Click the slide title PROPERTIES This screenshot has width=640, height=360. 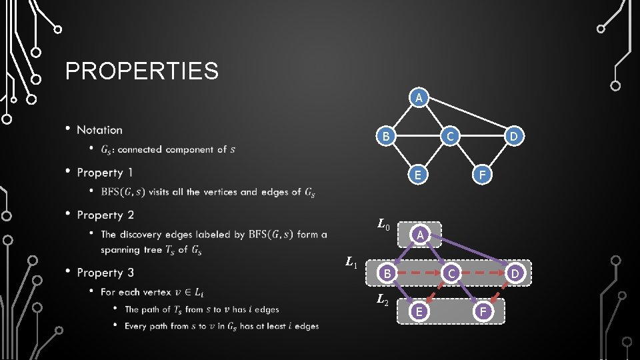tap(142, 71)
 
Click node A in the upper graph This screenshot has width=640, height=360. tap(418, 98)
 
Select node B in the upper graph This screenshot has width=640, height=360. tap(385, 137)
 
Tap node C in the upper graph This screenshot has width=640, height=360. tap(451, 137)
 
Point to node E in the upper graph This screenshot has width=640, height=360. tap(418, 175)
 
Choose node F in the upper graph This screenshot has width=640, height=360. tap(483, 175)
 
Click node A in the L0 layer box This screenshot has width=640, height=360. tap(419, 234)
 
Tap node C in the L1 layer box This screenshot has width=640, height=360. tap(451, 273)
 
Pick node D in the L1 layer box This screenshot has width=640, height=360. tap(515, 273)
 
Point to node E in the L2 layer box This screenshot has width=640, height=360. tap(419, 311)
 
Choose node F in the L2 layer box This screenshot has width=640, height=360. tap(483, 311)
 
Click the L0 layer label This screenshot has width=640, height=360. tap(383, 225)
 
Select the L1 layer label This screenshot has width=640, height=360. tap(351, 263)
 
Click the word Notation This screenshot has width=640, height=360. tap(99, 130)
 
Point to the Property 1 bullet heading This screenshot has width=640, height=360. tap(105, 173)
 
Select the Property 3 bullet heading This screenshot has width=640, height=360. tap(105, 273)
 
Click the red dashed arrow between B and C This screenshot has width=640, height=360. tap(419, 273)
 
